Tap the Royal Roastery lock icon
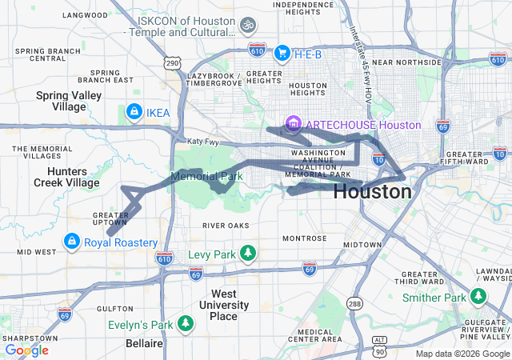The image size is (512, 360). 73,242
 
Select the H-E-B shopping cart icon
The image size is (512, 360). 282,54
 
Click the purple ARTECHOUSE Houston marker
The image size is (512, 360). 294,125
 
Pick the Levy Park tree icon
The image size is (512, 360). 248,254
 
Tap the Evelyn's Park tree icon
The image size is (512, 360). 186,323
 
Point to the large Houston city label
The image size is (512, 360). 372,192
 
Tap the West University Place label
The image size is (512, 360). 213,305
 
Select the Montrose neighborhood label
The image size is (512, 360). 304,238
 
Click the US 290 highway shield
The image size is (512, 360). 174,62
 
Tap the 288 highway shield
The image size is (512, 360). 354,303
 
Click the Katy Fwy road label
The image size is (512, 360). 202,142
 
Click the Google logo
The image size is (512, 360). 26,350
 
